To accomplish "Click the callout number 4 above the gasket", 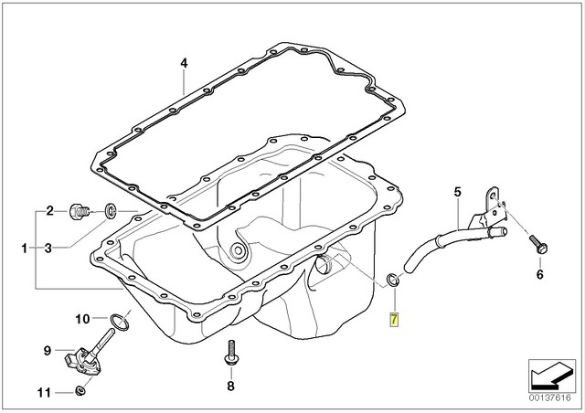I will point(183,63).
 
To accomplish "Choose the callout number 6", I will point(539,273).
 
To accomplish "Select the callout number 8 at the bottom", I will point(230,387).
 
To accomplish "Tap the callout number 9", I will point(46,349).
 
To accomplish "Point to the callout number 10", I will point(80,319).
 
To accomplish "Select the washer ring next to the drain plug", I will point(110,213).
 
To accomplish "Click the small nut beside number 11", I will point(80,392).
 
